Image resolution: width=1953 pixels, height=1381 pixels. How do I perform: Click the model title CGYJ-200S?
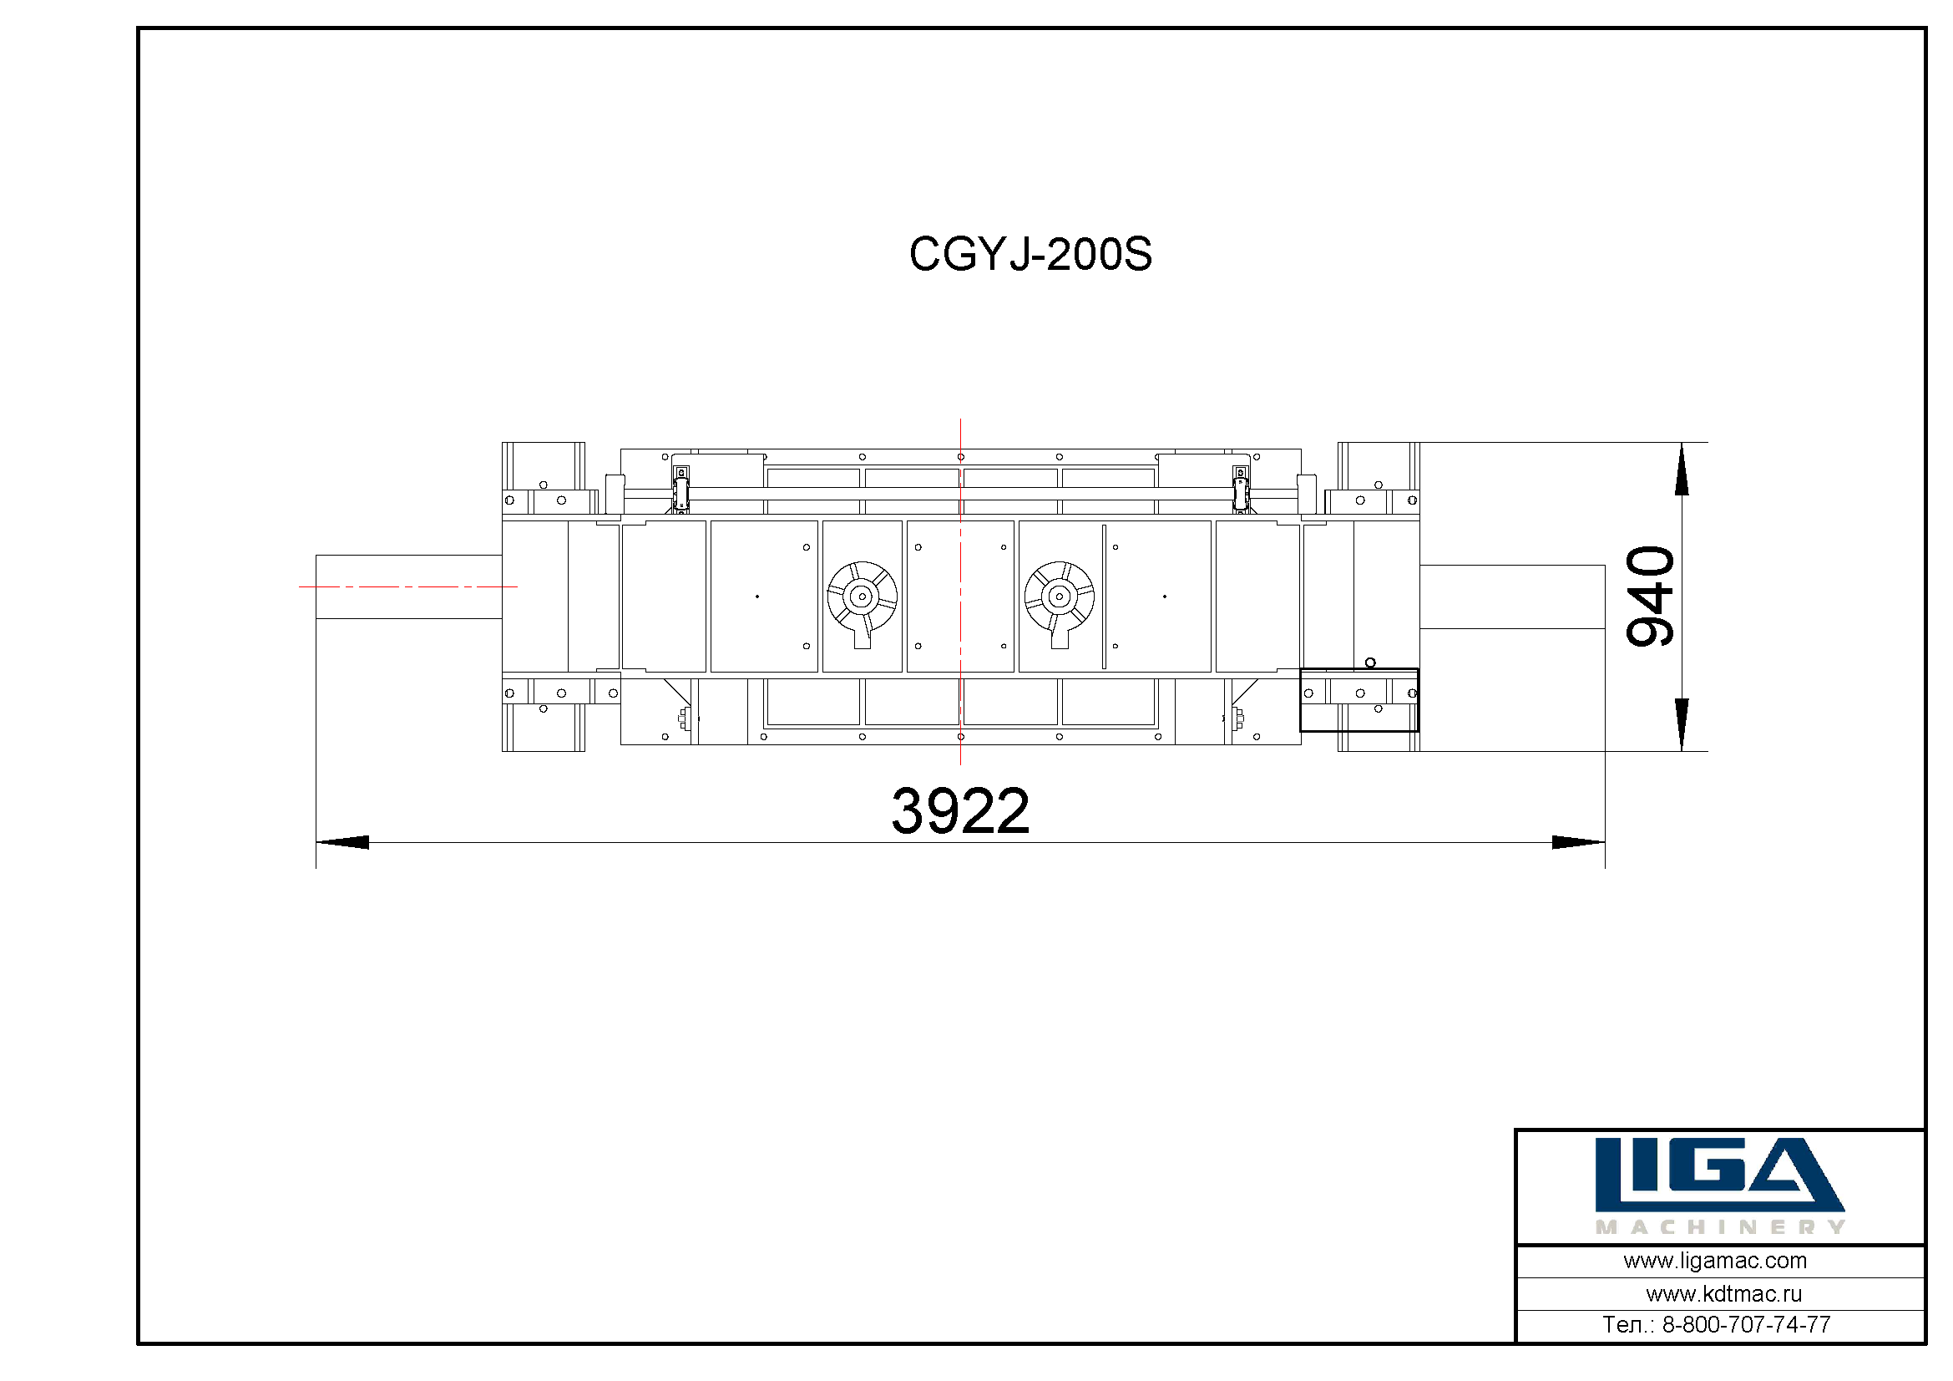click(x=1030, y=254)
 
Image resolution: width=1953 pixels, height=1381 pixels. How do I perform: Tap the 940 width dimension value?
click(x=1650, y=596)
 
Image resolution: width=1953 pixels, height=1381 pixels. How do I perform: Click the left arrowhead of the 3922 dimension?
click(x=343, y=842)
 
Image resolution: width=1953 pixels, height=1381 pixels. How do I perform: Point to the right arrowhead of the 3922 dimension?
click(x=1579, y=842)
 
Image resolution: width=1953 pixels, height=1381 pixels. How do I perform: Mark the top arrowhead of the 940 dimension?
click(x=1682, y=469)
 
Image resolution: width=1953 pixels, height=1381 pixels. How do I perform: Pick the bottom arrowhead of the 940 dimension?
click(x=1682, y=725)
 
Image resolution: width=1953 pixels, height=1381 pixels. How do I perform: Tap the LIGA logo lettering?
click(x=1719, y=1175)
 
